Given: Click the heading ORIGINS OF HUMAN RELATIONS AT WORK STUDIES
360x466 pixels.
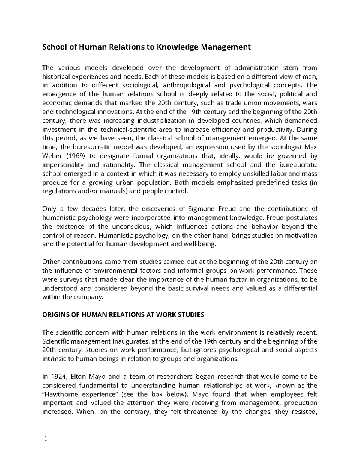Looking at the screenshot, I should click(123, 315).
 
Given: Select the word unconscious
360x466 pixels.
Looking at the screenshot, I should click(132, 227).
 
